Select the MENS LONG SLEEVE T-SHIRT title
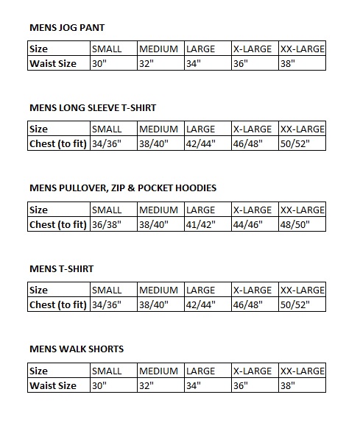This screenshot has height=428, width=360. click(93, 107)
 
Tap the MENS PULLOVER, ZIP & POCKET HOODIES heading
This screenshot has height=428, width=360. click(123, 188)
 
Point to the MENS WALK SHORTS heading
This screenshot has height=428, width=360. click(77, 349)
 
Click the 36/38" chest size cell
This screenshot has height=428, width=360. click(107, 224)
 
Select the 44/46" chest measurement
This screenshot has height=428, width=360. click(249, 224)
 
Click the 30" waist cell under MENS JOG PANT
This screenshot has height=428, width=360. click(99, 63)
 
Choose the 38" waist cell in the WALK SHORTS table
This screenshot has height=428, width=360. click(287, 385)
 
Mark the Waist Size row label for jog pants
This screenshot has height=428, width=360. click(53, 63)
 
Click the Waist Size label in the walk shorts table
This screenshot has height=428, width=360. click(53, 385)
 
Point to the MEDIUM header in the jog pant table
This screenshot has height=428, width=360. click(158, 49)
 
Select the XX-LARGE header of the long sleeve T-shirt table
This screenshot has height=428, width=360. click(303, 129)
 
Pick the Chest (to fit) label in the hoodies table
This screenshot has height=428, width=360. click(58, 224)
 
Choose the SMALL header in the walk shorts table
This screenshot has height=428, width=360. click(107, 371)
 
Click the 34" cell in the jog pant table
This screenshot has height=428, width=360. click(194, 63)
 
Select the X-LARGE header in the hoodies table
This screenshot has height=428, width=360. click(253, 210)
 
